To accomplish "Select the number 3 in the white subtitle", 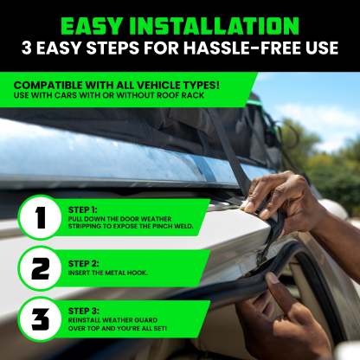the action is pyautogui.click(x=26, y=48).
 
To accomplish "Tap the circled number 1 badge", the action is pyautogui.click(x=40, y=217).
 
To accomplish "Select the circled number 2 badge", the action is pyautogui.click(x=40, y=268).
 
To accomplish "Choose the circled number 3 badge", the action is pyautogui.click(x=40, y=319).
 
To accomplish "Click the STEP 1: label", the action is pyautogui.click(x=83, y=210).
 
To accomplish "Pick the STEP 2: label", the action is pyautogui.click(x=84, y=264).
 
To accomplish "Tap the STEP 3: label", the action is pyautogui.click(x=84, y=311).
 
